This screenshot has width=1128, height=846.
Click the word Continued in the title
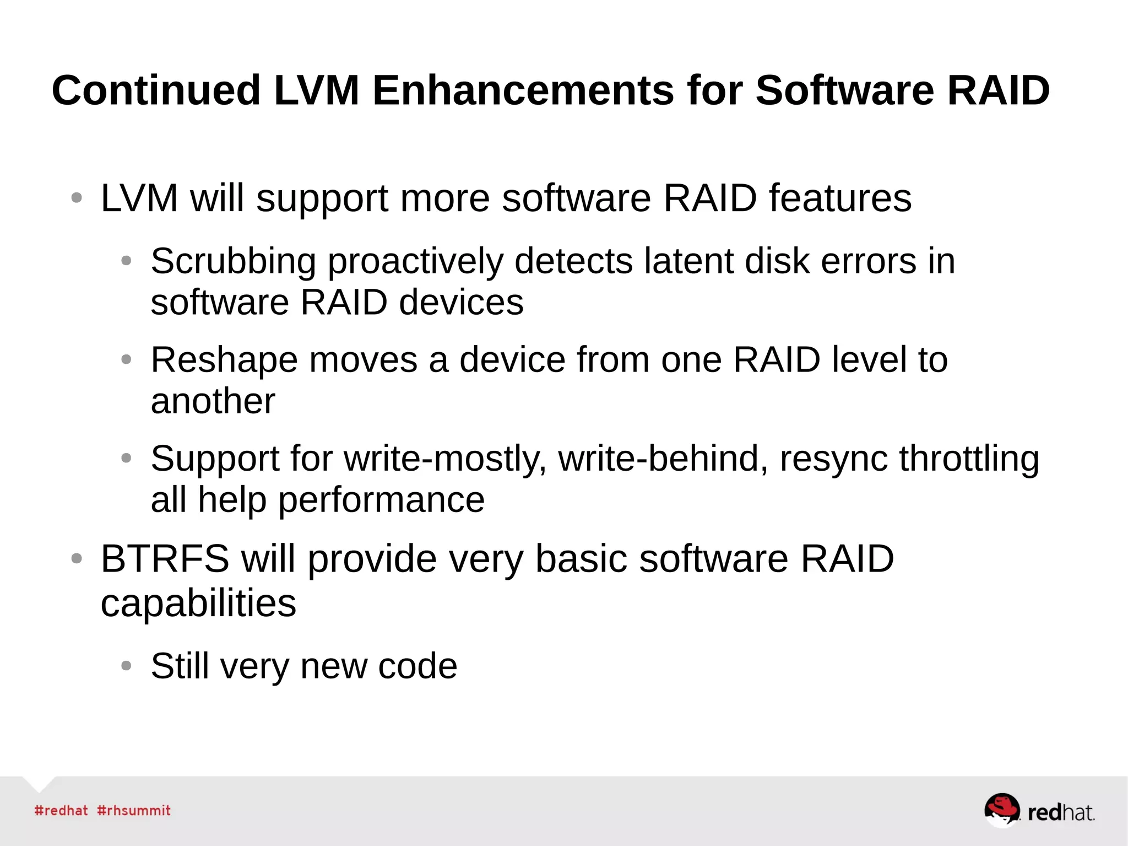156,90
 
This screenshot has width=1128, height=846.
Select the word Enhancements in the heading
523,90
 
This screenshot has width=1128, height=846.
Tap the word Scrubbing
234,261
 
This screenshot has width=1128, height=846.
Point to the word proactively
415,261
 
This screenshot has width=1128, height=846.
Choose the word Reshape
224,360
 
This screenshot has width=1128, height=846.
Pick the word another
213,401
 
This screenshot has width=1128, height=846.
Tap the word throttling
969,459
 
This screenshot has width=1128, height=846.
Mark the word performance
381,500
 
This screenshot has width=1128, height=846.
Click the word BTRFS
165,559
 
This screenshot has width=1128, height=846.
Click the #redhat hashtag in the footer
61,811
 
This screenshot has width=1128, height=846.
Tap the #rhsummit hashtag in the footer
134,811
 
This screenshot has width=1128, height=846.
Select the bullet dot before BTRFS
77,559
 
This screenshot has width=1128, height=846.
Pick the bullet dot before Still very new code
126,666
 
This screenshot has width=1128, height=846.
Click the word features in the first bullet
840,198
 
